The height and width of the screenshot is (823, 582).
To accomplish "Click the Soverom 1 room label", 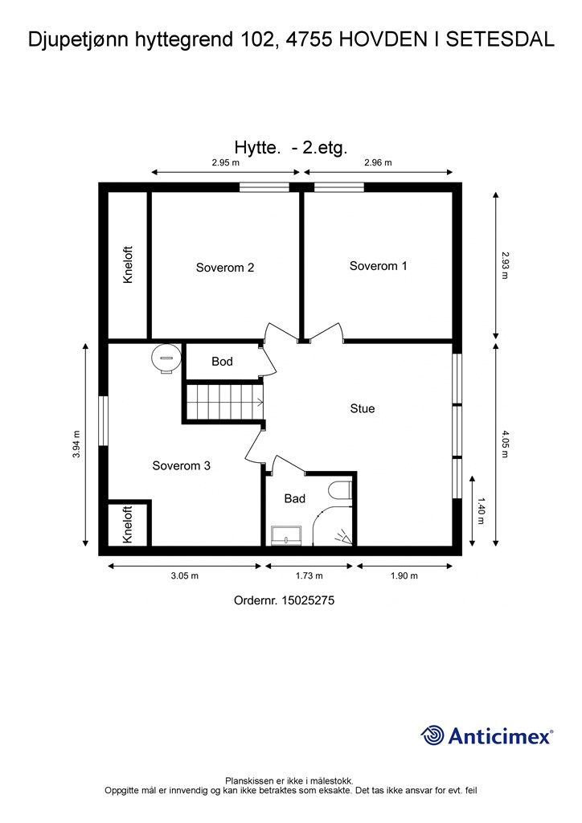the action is (378, 265).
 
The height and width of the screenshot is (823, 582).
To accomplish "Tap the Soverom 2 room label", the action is (224, 267).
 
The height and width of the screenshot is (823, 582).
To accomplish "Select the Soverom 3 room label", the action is (181, 465).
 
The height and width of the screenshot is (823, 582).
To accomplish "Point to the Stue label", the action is (362, 408).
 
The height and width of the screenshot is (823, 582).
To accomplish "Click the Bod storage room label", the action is (222, 361).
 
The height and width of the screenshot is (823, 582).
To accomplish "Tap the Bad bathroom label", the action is (294, 498).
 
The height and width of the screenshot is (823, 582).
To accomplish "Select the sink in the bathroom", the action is (286, 535).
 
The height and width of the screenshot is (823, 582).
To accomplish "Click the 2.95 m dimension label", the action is (226, 162).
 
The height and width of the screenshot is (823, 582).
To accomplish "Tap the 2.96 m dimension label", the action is (378, 162).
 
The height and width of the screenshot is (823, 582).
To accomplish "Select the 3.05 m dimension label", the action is (185, 575).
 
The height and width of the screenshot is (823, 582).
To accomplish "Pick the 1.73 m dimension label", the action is (309, 575).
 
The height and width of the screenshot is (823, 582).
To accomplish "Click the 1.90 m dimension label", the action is (404, 575).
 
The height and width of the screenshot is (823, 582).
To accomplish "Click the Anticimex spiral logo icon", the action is (432, 735).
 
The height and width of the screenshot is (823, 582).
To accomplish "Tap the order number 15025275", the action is (308, 600).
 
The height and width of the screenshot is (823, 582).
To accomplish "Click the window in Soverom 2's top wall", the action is (264, 186).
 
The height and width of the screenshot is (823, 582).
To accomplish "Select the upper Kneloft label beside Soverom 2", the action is (128, 265).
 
